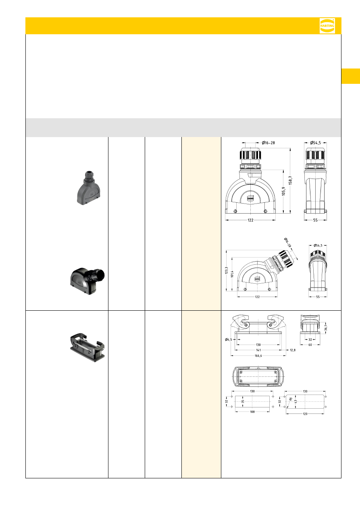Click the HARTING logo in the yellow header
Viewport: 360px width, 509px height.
point(327,26)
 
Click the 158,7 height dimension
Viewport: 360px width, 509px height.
point(290,180)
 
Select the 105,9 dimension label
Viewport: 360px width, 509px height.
point(283,191)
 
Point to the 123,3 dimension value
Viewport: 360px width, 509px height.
point(227,270)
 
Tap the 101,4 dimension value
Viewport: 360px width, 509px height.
point(232,274)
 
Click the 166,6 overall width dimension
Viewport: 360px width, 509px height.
point(258,356)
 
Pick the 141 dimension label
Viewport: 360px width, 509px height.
point(258,350)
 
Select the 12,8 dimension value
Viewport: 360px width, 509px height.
point(293,350)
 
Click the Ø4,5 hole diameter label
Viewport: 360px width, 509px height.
point(229,339)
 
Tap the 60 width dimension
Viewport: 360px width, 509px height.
point(310,345)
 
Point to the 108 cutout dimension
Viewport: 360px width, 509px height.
point(252,412)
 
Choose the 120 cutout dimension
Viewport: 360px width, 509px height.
point(305,414)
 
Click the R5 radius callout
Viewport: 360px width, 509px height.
point(290,399)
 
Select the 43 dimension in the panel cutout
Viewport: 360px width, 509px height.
point(295,401)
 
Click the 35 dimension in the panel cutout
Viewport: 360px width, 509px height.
point(243,401)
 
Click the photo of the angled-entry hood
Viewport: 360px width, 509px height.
point(87,281)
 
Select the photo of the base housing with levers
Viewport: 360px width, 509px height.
point(87,347)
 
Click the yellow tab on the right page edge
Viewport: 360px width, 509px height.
point(351,76)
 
